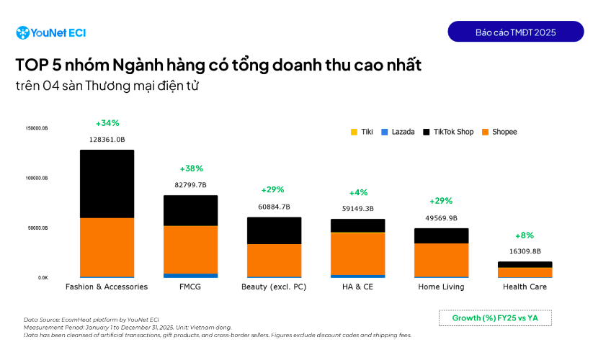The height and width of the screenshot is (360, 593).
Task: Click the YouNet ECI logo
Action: pyautogui.click(x=50, y=32)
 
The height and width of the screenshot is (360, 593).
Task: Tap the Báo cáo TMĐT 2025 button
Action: pyautogui.click(x=515, y=32)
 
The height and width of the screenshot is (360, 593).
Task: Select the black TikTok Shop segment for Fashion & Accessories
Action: pyautogui.click(x=107, y=184)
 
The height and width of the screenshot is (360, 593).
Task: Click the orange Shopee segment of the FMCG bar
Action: pyautogui.click(x=190, y=249)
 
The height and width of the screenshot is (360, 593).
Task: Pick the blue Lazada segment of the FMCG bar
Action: pyautogui.click(x=190, y=275)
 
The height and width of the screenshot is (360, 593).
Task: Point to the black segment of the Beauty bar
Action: pyautogui.click(x=274, y=230)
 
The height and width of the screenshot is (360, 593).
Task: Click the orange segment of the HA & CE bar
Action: pyautogui.click(x=357, y=253)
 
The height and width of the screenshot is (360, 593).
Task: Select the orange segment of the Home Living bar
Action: pyautogui.click(x=441, y=260)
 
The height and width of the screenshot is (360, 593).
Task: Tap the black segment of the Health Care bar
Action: pyautogui.click(x=525, y=264)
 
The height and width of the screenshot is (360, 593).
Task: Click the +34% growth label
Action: pyautogui.click(x=107, y=123)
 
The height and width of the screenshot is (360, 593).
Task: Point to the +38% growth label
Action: pyautogui.click(x=191, y=168)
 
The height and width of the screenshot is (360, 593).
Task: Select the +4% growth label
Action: pyautogui.click(x=358, y=192)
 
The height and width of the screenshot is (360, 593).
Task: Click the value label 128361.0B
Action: pyautogui.click(x=107, y=139)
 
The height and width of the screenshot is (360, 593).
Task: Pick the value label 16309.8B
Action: pyautogui.click(x=525, y=251)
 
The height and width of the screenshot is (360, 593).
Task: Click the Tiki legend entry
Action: pyautogui.click(x=362, y=132)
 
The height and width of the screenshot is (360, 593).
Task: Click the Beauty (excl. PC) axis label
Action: pyautogui.click(x=274, y=287)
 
